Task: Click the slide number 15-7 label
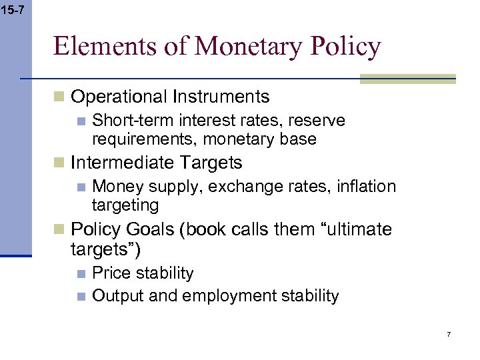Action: click(x=14, y=10)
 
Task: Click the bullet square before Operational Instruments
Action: click(x=59, y=97)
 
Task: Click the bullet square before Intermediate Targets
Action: click(x=59, y=163)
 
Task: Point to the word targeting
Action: click(x=125, y=205)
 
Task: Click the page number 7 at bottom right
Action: click(x=449, y=333)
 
